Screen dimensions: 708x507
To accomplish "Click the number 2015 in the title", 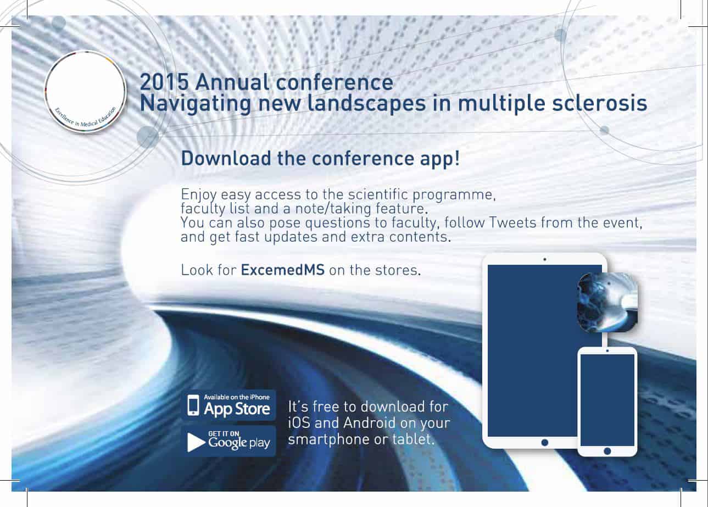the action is [x=164, y=82].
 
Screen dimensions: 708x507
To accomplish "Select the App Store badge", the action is [x=228, y=405].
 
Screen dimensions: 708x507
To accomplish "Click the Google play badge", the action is [x=228, y=441].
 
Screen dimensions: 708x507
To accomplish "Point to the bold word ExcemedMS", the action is [x=282, y=270].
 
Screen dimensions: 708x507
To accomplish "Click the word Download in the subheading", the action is [x=226, y=158].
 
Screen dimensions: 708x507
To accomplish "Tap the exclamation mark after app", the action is [x=457, y=158].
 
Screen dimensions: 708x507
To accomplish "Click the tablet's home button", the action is [x=544, y=443].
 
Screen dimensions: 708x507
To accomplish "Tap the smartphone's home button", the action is [x=607, y=451].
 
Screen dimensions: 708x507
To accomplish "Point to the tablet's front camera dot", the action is [x=544, y=259].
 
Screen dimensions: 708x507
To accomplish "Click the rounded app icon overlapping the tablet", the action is [x=607, y=302].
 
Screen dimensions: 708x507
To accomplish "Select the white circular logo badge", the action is [x=85, y=92].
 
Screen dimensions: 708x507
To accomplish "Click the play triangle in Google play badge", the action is [x=196, y=442].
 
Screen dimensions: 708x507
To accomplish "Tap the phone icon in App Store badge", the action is [x=193, y=405].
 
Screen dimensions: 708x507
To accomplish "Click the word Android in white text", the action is [x=370, y=423].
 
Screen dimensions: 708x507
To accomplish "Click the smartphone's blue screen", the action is [x=607, y=400].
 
